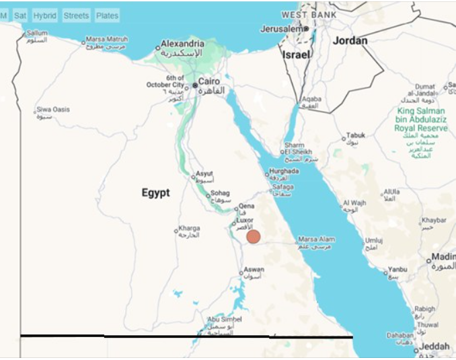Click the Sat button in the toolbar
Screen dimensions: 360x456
pos(20,15)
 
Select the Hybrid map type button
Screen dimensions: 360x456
pos(45,15)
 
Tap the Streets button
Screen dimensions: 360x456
pos(76,15)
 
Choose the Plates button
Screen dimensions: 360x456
pos(107,15)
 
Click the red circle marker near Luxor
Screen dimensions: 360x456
pos(254,237)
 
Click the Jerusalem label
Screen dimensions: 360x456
pos(283,30)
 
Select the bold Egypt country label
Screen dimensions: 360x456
pos(155,193)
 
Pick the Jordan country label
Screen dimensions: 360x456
pos(350,41)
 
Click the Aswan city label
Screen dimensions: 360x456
pos(254,269)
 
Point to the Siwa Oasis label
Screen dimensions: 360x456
pos(53,109)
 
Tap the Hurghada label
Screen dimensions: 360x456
pos(283,172)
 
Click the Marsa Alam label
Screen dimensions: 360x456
pos(317,239)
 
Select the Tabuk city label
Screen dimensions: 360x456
pos(355,135)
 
